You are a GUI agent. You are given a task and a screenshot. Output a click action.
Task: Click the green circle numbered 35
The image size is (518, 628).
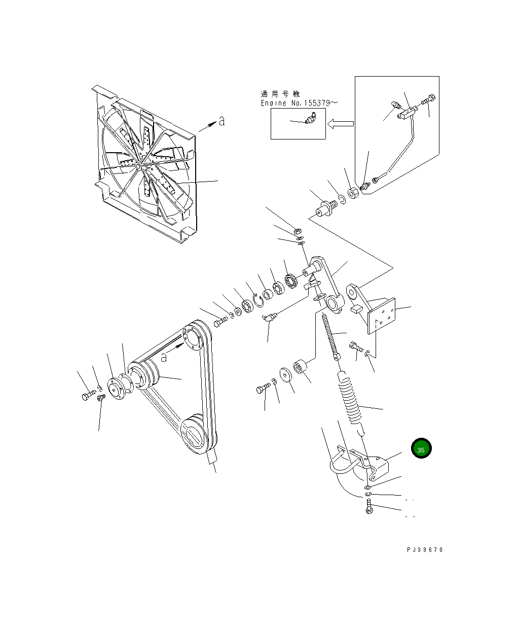(421, 448)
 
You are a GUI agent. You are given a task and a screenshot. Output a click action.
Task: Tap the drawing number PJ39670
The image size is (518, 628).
(424, 550)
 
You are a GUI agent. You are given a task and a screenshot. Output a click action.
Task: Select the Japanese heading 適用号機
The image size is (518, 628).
(280, 94)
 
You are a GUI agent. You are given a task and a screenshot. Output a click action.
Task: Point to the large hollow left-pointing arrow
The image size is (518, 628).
(340, 123)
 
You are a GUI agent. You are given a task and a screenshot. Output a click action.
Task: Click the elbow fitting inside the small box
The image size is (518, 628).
(310, 119)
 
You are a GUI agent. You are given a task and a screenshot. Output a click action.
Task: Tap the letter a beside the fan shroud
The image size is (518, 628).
(221, 121)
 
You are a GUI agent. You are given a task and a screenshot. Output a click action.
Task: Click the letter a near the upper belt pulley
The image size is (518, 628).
(164, 357)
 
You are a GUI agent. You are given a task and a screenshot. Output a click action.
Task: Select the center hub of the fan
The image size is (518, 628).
(138, 165)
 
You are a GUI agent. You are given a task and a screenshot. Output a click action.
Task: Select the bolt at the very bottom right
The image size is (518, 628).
(369, 507)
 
